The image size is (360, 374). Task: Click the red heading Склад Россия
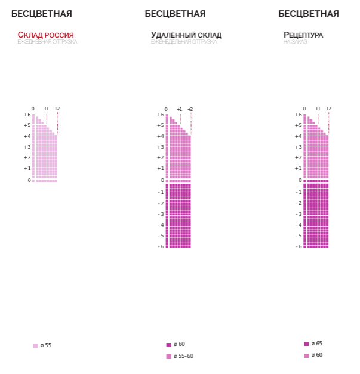click(46, 35)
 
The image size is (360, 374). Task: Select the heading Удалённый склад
click(186, 35)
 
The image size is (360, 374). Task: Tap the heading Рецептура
click(303, 35)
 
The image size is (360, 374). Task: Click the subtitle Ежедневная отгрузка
click(47, 42)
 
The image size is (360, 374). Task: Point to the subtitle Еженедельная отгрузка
click(184, 42)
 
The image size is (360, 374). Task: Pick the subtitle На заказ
click(295, 42)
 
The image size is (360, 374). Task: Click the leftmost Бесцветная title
click(42, 14)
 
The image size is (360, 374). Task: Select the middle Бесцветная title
click(175, 14)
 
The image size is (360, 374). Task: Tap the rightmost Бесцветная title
click(309, 14)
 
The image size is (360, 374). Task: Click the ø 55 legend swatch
click(36, 346)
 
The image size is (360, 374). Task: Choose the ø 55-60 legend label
click(183, 356)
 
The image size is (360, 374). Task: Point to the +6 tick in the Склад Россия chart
click(27, 115)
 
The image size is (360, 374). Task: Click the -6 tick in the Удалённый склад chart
click(161, 246)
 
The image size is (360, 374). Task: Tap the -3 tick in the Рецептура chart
click(299, 214)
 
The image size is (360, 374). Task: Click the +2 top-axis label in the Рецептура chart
click(328, 109)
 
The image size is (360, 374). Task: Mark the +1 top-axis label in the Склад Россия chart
click(46, 109)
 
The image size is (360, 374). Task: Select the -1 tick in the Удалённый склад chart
click(161, 192)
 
